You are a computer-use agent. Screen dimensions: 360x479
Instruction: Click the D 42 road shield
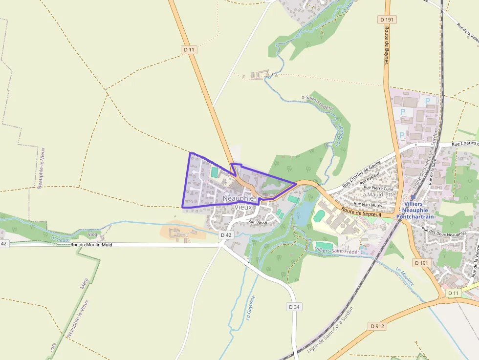pos(225,235)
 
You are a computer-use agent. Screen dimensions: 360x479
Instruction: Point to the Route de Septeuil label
pos(362,211)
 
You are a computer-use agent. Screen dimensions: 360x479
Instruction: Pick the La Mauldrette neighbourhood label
pos(377,194)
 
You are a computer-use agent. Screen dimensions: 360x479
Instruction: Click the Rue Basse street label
pos(258,222)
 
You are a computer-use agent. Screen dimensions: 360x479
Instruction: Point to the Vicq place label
pos(92,234)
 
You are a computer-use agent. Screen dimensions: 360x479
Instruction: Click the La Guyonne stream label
pos(250,308)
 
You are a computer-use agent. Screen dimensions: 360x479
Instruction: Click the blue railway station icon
pos(413,197)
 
